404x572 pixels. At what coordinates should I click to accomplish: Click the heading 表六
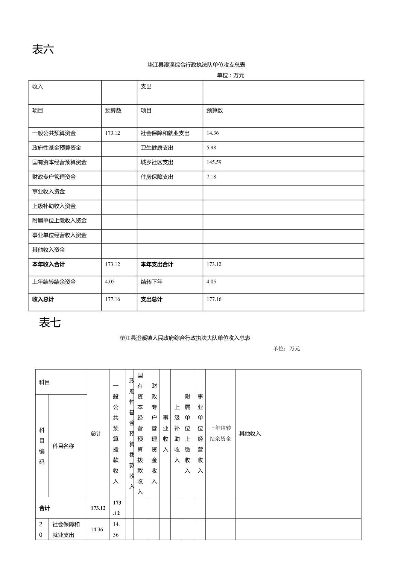tap(43, 49)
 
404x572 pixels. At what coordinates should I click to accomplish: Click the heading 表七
tap(50, 323)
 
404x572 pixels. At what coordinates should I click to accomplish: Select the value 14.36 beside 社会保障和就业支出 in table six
tap(213, 133)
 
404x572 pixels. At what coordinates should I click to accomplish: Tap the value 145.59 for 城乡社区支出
tap(214, 162)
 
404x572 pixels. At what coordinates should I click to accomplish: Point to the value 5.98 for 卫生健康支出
tap(211, 148)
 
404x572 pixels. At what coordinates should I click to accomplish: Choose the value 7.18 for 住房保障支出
tap(211, 177)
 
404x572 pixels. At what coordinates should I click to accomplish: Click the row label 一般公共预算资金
tap(54, 133)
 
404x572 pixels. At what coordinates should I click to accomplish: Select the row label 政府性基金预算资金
tap(56, 148)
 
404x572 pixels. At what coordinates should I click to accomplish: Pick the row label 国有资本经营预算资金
tap(59, 163)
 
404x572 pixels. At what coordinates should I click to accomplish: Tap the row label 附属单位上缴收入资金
tap(59, 221)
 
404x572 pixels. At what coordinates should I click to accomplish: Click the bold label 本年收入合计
tap(49, 265)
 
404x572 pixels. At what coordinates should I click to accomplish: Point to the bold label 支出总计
tap(152, 300)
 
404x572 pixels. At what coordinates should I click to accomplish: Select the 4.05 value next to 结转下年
tap(211, 282)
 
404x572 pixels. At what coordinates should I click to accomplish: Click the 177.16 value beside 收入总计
tap(112, 300)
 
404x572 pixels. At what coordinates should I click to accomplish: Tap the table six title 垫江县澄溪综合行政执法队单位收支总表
tap(196, 65)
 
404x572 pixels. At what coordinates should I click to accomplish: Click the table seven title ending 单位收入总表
tap(185, 338)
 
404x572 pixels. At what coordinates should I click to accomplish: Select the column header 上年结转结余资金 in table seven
tap(220, 433)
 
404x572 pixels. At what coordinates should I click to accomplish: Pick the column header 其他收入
tap(250, 434)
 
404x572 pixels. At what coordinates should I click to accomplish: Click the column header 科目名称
tap(63, 446)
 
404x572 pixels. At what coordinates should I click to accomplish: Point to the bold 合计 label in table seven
tap(44, 508)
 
